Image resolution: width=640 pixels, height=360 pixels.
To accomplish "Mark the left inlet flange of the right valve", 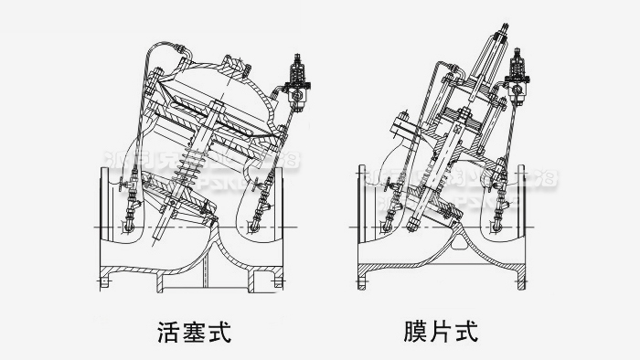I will point(361,223).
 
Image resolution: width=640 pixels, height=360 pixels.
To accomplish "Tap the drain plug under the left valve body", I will point(208,271).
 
